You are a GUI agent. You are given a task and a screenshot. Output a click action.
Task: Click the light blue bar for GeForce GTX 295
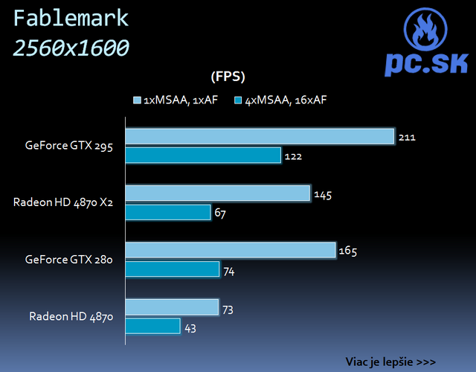(x=259, y=136)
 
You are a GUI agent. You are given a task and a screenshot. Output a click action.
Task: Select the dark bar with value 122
(x=203, y=155)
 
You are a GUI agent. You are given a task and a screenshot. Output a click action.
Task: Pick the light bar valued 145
(x=217, y=193)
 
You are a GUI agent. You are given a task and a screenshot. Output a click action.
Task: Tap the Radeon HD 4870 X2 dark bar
(x=167, y=213)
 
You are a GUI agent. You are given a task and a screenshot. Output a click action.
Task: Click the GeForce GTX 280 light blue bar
(x=231, y=250)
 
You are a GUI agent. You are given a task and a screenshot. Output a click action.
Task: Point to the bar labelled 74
(x=172, y=269)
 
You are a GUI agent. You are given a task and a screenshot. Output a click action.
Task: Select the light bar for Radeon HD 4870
(x=172, y=307)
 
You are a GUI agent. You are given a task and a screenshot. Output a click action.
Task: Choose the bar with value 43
(x=152, y=326)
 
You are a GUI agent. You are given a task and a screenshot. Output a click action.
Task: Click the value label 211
(x=407, y=138)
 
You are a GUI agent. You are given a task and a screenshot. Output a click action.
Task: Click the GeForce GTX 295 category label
(x=68, y=147)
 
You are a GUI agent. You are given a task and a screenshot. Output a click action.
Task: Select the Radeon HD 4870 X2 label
(x=62, y=202)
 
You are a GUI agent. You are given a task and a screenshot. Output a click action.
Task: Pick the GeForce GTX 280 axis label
(x=68, y=260)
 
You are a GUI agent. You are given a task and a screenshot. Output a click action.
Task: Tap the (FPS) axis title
(x=228, y=76)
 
